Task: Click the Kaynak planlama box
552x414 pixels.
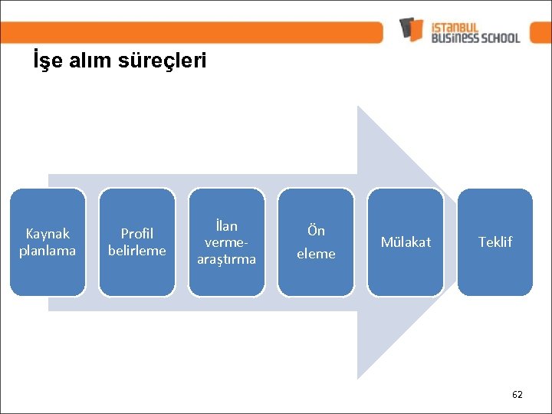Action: (x=48, y=242)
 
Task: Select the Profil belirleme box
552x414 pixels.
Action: (x=137, y=242)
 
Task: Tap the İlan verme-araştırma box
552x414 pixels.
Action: (x=227, y=242)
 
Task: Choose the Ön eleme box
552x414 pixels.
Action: (x=316, y=242)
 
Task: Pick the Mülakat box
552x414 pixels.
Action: (x=406, y=242)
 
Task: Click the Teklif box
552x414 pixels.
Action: (x=495, y=242)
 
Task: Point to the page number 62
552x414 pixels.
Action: (x=517, y=394)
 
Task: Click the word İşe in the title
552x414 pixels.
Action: (x=46, y=61)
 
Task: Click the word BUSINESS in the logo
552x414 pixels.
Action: (x=455, y=37)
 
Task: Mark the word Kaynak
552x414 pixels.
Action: (x=48, y=233)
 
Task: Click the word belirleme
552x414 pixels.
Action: (x=137, y=251)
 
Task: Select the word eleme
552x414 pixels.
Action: (x=316, y=254)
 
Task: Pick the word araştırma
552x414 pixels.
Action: (x=227, y=259)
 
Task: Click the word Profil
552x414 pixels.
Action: (x=137, y=233)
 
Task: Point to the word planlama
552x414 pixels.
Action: (x=48, y=251)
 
